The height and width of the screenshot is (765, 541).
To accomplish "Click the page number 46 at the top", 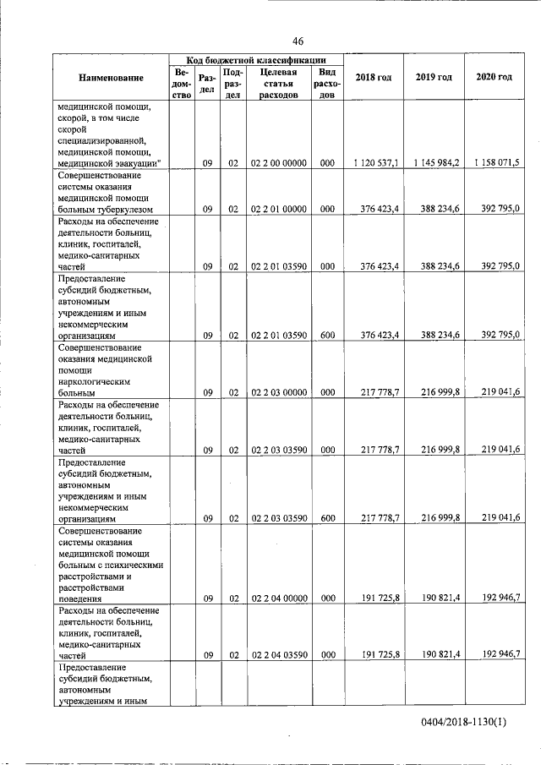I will pos(298,41).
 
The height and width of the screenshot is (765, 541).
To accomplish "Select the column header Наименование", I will pos(111,78).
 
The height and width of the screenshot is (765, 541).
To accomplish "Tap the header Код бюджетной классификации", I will pos(256,60).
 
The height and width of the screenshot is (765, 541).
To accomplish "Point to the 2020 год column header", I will pos(494,78).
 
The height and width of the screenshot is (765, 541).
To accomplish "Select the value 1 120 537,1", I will pos(374,162).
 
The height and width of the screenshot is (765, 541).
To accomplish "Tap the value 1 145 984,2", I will pos(436,162).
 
